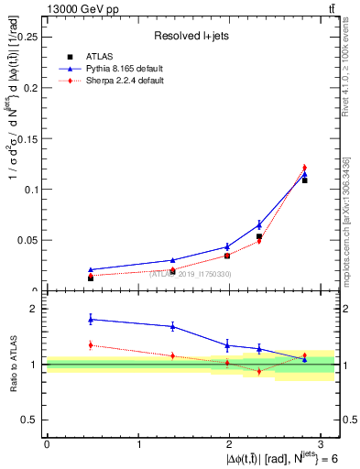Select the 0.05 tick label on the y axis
point(27,240)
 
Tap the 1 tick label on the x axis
point(138,444)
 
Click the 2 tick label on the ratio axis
point(34,309)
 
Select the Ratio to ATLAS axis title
point(12,364)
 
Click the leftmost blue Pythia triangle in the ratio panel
point(91,319)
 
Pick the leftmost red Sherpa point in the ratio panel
point(91,344)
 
